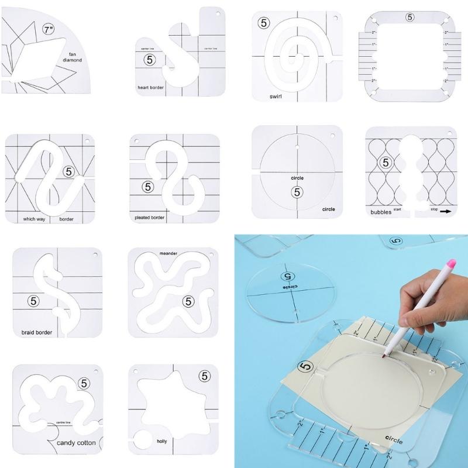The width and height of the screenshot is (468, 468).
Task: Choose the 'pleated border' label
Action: point(150,216)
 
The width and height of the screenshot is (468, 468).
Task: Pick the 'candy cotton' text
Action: point(76,443)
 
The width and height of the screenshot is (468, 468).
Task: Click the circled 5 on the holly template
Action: point(204,376)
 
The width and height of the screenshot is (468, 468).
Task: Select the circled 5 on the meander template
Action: point(187,301)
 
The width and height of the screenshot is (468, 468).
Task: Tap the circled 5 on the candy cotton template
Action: point(85,383)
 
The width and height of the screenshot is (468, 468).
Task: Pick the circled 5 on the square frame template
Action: point(410,17)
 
